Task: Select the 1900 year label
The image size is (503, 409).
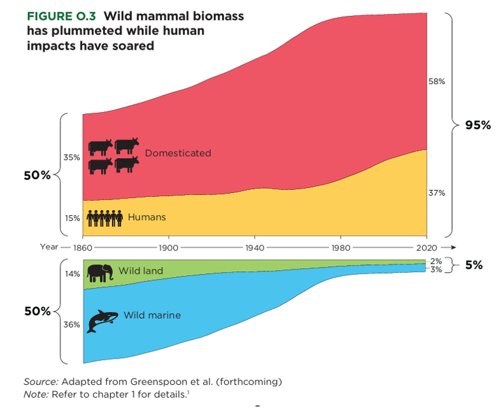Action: click(169, 247)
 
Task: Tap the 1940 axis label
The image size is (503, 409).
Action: click(255, 247)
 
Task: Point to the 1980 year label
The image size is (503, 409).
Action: click(341, 247)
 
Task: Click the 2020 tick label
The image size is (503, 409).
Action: click(425, 247)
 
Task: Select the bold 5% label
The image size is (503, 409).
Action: click(474, 265)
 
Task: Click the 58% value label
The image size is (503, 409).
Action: click(436, 82)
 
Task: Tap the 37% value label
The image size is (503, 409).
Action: click(436, 192)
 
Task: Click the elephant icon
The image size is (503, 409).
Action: click(101, 273)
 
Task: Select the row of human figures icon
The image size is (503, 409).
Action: click(104, 218)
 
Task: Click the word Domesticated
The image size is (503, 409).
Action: click(178, 153)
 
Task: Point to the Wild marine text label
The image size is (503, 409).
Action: click(152, 315)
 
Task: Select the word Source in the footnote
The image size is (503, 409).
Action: click(40, 381)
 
